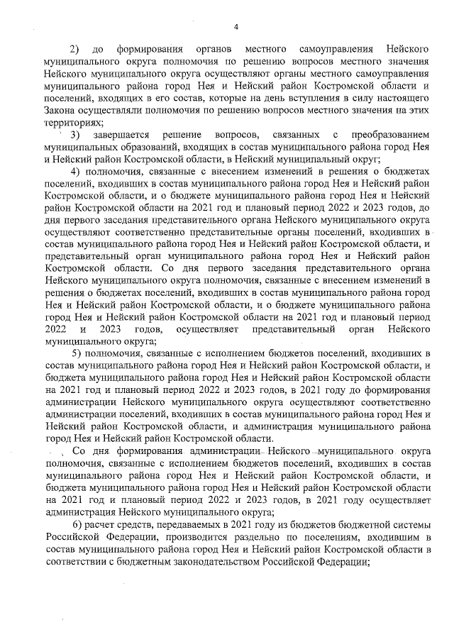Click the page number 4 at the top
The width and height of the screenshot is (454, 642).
[x=236, y=27]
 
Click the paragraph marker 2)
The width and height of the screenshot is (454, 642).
[x=74, y=50]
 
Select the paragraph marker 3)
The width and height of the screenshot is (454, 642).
[x=74, y=135]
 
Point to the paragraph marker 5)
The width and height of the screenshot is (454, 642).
[x=79, y=353]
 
